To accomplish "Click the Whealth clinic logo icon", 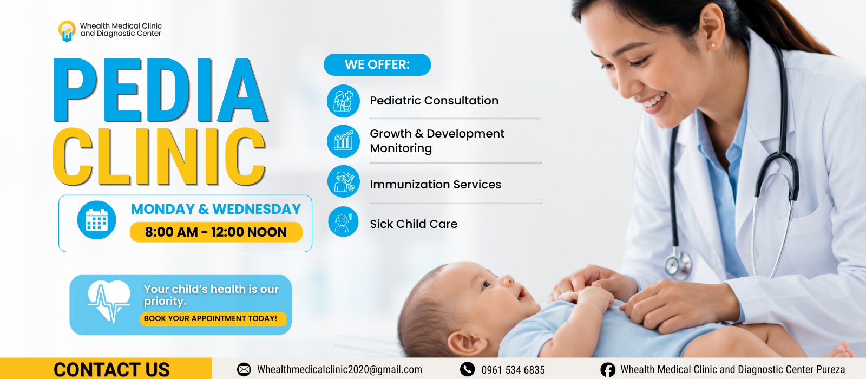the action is click(x=67, y=31).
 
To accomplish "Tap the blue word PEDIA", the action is click(x=160, y=90).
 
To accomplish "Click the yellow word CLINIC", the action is click(x=159, y=156).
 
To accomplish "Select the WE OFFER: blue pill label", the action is click(x=377, y=64).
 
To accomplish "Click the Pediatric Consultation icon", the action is click(x=343, y=101).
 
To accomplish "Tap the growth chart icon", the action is click(x=343, y=141).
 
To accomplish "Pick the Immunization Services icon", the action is click(x=343, y=181).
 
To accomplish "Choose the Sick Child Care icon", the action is click(x=343, y=221).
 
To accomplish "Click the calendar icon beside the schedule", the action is click(x=97, y=220).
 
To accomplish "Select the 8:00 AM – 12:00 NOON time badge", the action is click(x=216, y=232).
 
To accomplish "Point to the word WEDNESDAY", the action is click(x=257, y=209).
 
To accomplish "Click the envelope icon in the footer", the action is click(x=244, y=370).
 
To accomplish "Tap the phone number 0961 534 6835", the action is click(x=513, y=370).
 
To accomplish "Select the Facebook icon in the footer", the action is click(x=608, y=370).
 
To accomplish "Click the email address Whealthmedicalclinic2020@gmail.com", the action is click(x=339, y=370).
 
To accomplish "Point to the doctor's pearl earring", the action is click(x=713, y=45).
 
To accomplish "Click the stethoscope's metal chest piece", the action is click(x=678, y=263).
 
